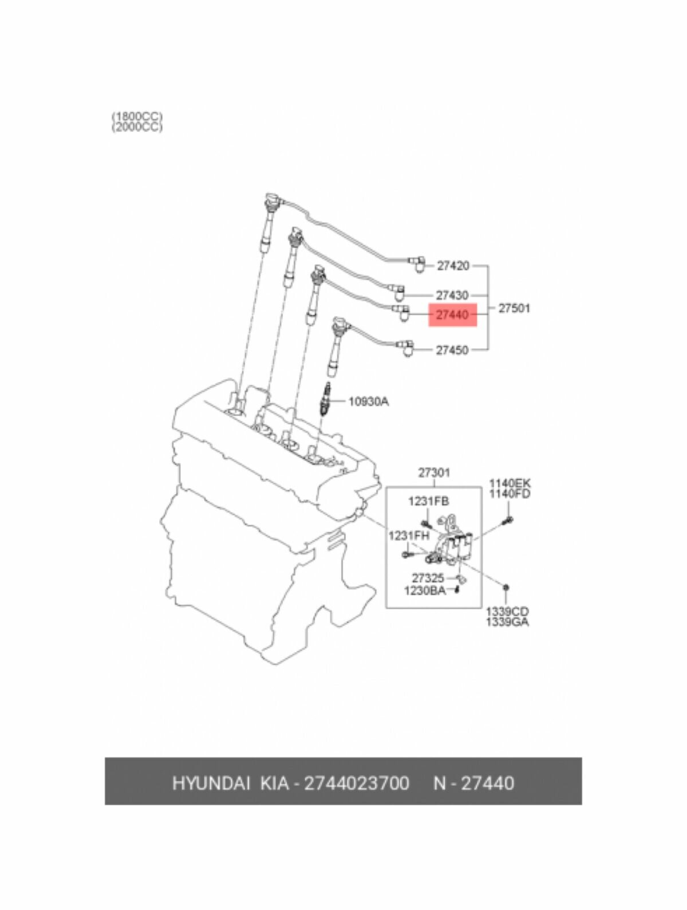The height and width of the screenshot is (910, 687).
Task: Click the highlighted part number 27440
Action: (452, 315)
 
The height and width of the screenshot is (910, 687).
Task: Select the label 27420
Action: (453, 266)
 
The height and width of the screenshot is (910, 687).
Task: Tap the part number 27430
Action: (452, 296)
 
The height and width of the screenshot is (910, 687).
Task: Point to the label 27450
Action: (452, 350)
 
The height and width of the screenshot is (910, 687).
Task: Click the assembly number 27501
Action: (514, 308)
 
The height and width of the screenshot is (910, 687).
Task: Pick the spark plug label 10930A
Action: (368, 401)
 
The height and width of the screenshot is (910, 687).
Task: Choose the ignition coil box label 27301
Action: (433, 473)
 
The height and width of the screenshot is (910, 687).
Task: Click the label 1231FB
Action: (428, 502)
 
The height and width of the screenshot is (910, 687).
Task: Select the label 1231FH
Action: (409, 536)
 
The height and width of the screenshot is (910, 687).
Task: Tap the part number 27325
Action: (428, 578)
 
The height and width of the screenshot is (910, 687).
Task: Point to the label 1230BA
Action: (425, 590)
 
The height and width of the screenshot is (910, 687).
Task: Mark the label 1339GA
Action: (507, 622)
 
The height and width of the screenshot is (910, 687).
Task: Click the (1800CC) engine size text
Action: (137, 117)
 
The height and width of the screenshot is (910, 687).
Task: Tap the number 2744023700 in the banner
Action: (356, 783)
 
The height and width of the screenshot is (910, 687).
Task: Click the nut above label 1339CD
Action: (507, 587)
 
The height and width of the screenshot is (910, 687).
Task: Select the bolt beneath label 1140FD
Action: (508, 520)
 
